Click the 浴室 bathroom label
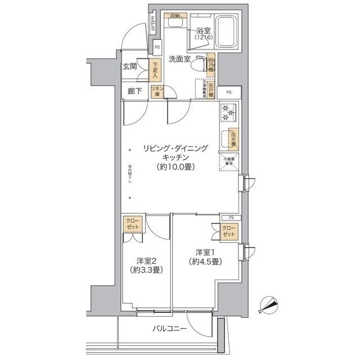(203, 31)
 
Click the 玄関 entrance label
(130, 66)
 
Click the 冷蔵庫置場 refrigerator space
(228, 161)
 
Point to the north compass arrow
(269, 306)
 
